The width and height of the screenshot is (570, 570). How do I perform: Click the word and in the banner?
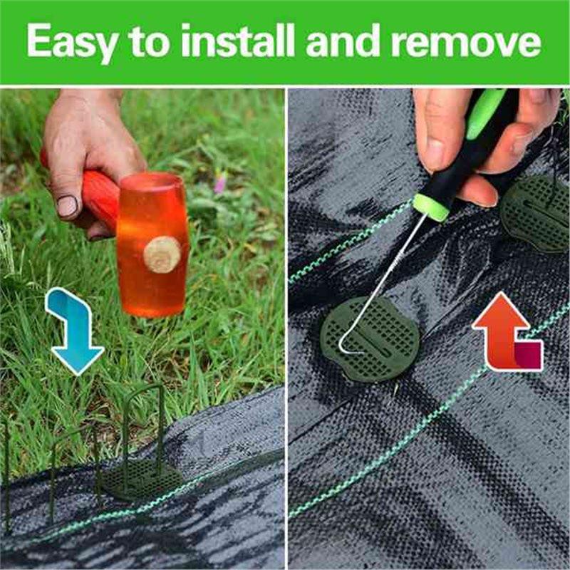pyautogui.click(x=345, y=43)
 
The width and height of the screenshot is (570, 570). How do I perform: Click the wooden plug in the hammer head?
pyautogui.click(x=162, y=254)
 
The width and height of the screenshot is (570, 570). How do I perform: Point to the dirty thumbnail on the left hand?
pyautogui.click(x=67, y=207)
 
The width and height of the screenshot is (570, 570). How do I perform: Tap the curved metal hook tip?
pyautogui.click(x=345, y=349)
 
